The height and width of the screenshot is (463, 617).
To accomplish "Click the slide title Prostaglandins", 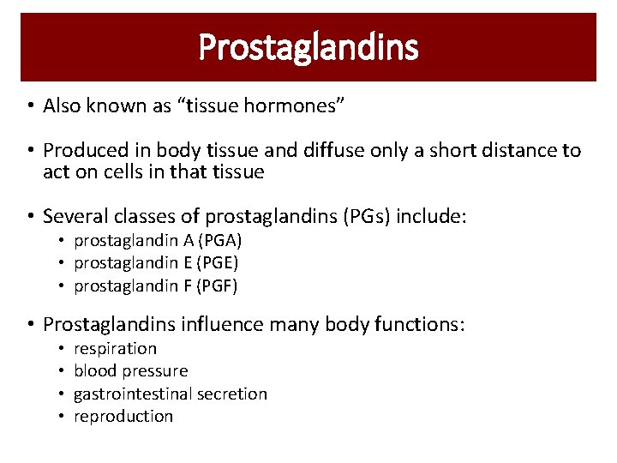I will click(308, 47).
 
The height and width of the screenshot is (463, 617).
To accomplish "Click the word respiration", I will click(115, 348).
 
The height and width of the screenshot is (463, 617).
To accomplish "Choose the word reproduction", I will click(123, 416).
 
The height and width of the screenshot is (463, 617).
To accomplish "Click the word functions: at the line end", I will click(420, 325).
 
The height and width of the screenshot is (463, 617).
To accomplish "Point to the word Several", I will click(73, 217).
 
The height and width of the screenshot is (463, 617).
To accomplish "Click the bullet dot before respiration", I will click(62, 349).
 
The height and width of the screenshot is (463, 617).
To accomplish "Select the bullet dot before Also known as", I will click(29, 106).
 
